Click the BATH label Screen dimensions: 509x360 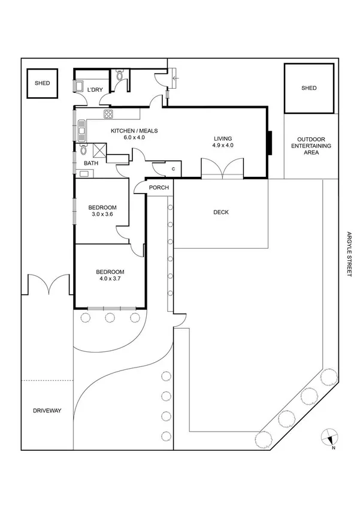point(90,163)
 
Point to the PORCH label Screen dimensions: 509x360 point(159,188)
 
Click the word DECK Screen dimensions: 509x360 point(221,212)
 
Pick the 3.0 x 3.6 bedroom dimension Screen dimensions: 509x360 point(102,214)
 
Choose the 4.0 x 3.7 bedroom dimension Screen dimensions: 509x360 point(110,278)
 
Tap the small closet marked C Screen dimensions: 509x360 point(173,169)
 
